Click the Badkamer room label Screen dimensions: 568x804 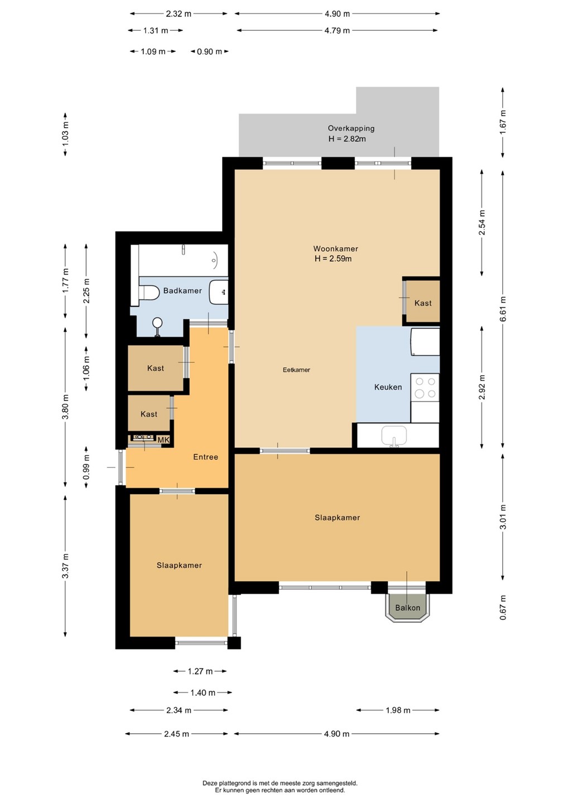click(182, 290)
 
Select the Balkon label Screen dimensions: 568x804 click(407, 607)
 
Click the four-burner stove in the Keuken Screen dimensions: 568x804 click(425, 387)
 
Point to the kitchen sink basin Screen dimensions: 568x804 click(394, 435)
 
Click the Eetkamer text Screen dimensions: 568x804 click(296, 370)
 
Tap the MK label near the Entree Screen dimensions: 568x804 click(163, 440)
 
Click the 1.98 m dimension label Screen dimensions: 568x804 click(398, 710)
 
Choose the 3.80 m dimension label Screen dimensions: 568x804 click(65, 406)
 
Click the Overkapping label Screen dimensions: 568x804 click(351, 128)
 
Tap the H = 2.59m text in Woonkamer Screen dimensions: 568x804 click(333, 259)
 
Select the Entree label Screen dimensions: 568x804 click(205, 457)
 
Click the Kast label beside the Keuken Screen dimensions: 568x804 click(423, 303)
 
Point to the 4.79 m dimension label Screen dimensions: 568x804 click(337, 31)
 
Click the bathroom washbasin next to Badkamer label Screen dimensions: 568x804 click(219, 292)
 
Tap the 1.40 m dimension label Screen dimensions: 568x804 click(203, 693)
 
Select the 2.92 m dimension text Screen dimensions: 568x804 click(482, 387)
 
